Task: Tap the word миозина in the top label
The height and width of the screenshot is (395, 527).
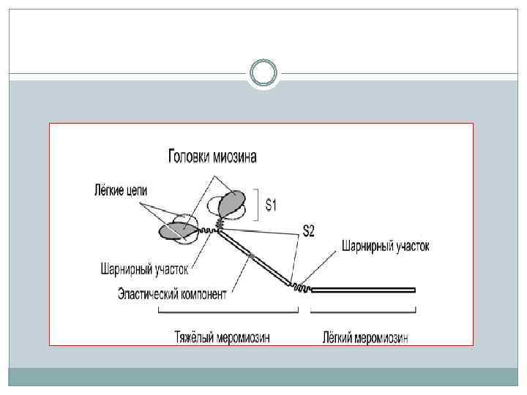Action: [236, 157]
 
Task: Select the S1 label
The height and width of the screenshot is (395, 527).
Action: [270, 206]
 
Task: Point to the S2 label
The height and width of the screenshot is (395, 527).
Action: [309, 232]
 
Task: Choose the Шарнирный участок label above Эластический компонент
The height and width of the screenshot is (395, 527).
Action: [145, 270]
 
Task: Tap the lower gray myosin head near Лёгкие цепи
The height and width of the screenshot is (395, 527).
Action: [176, 230]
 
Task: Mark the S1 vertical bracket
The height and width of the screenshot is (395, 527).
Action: [257, 205]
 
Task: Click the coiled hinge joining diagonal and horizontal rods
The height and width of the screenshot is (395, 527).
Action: [302, 288]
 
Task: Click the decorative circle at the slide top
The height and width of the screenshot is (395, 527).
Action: [263, 74]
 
